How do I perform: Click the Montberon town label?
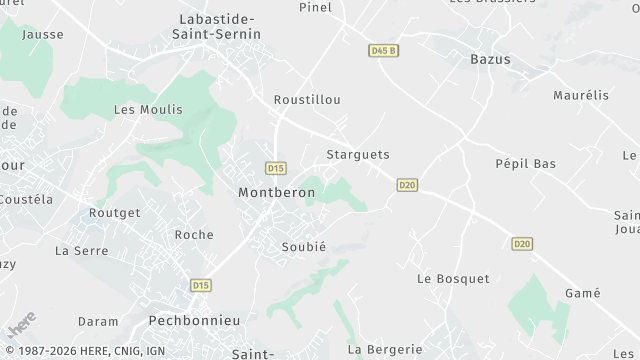coord(276,192)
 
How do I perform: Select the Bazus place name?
coord(490,59)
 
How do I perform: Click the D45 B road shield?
coord(383,50)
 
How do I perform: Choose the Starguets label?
coord(357,155)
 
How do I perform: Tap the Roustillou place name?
coord(307,100)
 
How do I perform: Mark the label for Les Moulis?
coord(148,110)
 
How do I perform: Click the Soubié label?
coord(304,246)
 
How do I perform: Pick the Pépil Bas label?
coord(525,163)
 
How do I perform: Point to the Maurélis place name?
coord(580,96)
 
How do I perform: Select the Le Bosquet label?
coord(453,278)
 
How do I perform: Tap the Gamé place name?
coord(582,293)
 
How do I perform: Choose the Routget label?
coord(114,213)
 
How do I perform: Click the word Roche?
coord(194,235)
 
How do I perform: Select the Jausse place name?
coord(43,34)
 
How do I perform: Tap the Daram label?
coord(98,322)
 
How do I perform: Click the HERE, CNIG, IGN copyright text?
coord(86,351)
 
